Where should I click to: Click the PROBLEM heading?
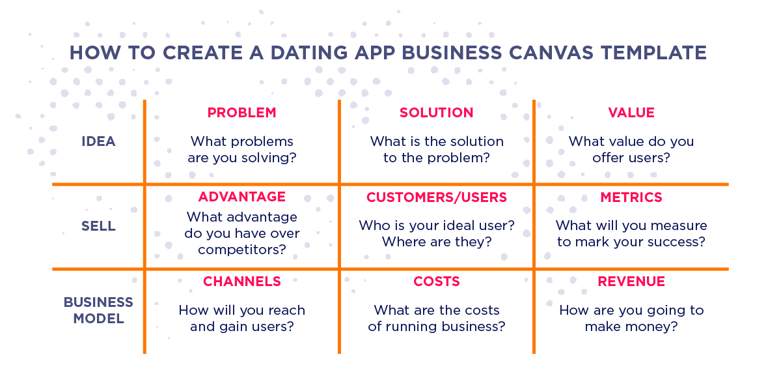(241, 112)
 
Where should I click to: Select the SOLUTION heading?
(436, 112)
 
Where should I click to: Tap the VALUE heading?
(631, 112)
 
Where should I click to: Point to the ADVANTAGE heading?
(241, 197)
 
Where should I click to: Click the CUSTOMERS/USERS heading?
(437, 197)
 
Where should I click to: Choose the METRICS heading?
(631, 197)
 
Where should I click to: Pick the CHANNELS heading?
(241, 282)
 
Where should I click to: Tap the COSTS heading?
(437, 282)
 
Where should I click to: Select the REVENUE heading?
(631, 282)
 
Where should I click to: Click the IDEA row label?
(98, 141)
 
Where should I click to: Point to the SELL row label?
(98, 226)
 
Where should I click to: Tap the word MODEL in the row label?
(99, 319)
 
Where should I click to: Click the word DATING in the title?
(309, 53)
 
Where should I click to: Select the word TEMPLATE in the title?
(653, 53)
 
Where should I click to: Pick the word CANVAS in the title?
(551, 53)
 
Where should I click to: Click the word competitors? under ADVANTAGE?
(242, 250)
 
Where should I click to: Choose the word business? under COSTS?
(473, 326)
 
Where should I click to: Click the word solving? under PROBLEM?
(269, 158)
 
